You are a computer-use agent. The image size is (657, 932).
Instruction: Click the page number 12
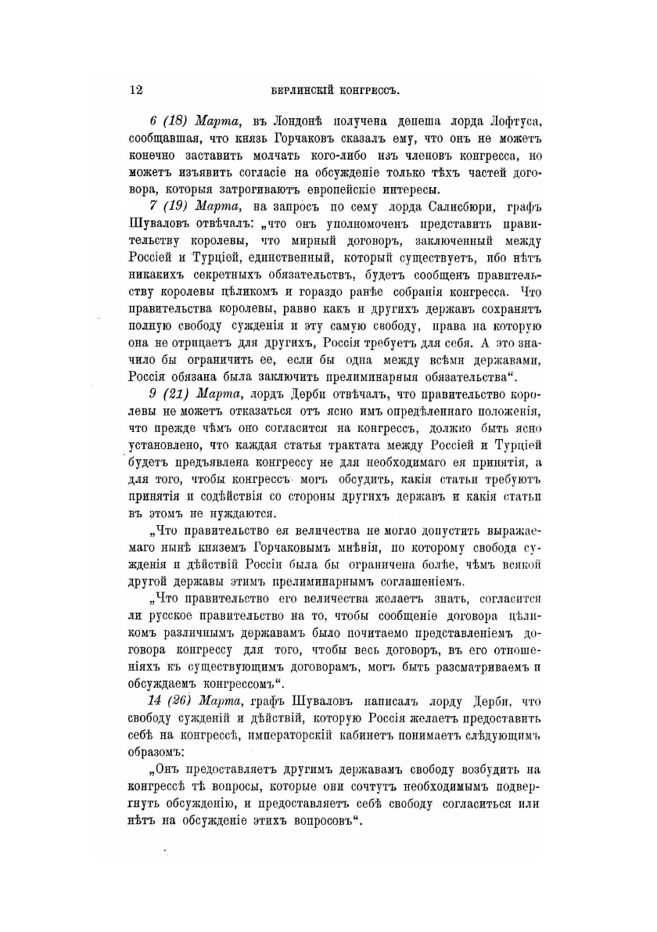tap(135, 90)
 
